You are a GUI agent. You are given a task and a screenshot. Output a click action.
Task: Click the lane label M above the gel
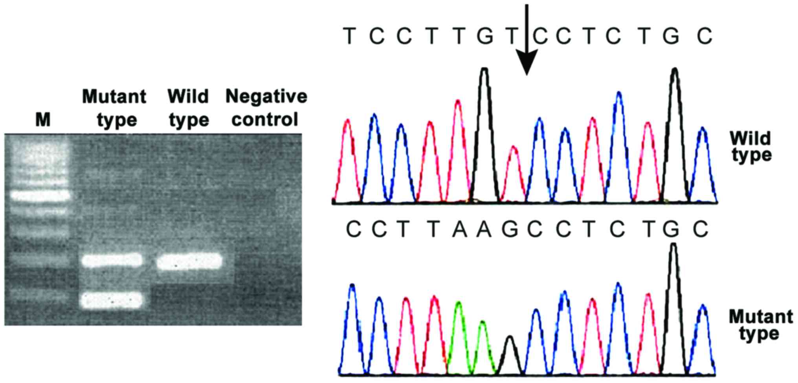pyautogui.click(x=43, y=119)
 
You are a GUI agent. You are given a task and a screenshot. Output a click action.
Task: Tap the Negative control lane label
pyautogui.click(x=266, y=108)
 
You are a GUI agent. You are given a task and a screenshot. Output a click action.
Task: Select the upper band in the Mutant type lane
pyautogui.click(x=112, y=260)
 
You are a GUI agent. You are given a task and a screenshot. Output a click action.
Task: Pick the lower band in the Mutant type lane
pyautogui.click(x=112, y=300)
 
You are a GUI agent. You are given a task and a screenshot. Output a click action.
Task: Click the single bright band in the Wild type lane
pyautogui.click(x=189, y=261)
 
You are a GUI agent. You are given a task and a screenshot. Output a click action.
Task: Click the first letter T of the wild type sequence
pyautogui.click(x=349, y=36)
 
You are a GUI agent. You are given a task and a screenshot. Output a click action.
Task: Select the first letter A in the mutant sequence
pyautogui.click(x=459, y=229)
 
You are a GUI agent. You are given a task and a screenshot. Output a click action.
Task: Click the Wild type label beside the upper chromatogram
pyautogui.click(x=751, y=147)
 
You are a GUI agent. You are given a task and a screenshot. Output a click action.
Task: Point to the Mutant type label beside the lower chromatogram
pyautogui.click(x=760, y=325)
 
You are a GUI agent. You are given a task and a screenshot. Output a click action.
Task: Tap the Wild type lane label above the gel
pyautogui.click(x=189, y=108)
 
